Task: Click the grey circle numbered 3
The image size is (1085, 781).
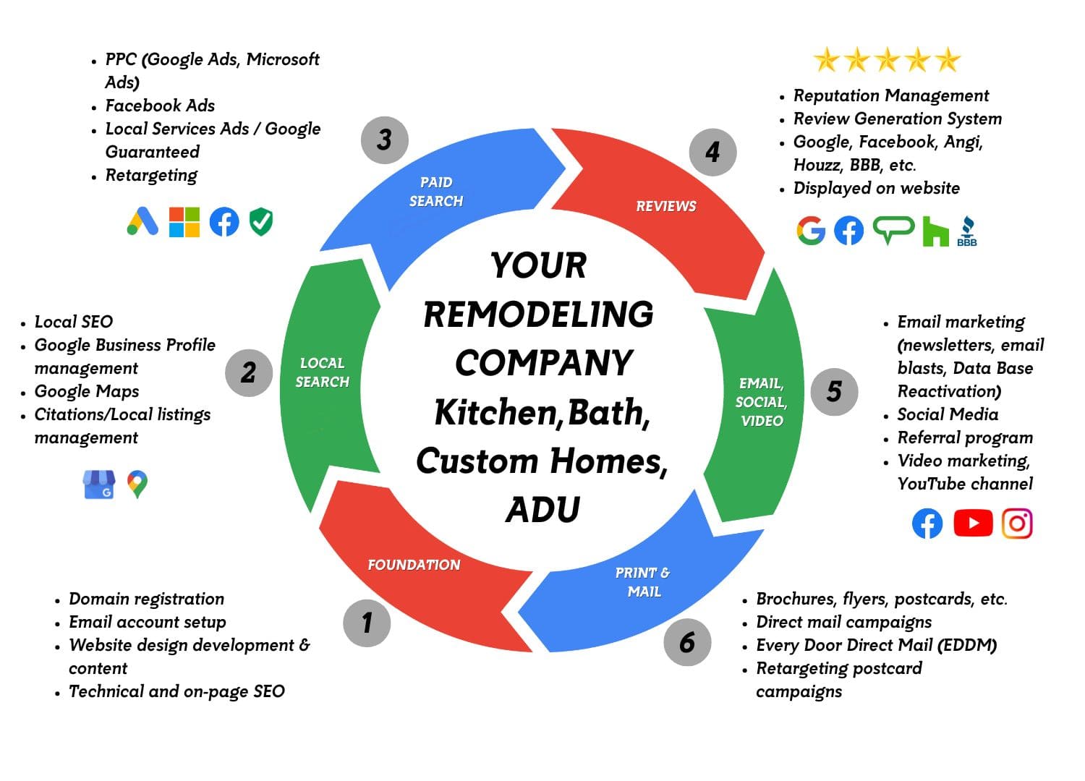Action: click(x=384, y=140)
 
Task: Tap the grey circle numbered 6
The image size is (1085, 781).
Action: click(x=687, y=642)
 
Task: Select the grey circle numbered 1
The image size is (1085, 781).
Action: click(x=367, y=623)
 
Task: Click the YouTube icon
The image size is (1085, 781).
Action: click(x=973, y=523)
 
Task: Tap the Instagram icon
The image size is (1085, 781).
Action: click(x=1017, y=523)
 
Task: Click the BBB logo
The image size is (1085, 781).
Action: click(x=966, y=231)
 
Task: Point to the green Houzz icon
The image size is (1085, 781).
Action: click(x=935, y=231)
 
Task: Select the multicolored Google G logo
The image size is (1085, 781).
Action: click(x=811, y=231)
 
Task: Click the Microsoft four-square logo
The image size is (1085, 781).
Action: click(x=184, y=222)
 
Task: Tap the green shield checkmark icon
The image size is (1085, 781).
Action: click(x=261, y=222)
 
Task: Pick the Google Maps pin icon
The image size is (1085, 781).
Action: click(x=137, y=484)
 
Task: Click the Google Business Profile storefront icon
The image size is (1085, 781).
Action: click(x=99, y=485)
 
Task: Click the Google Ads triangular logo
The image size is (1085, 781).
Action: click(x=142, y=221)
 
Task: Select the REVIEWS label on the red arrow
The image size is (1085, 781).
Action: click(x=665, y=206)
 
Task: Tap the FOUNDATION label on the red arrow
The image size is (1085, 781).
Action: click(x=414, y=565)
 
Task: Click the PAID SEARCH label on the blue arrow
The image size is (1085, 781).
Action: click(x=435, y=192)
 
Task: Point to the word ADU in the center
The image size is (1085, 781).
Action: click(x=542, y=509)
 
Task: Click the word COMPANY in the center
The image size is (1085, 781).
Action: click(x=543, y=362)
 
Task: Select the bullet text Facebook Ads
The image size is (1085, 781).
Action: click(x=160, y=106)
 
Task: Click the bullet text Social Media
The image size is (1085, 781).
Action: click(x=948, y=414)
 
